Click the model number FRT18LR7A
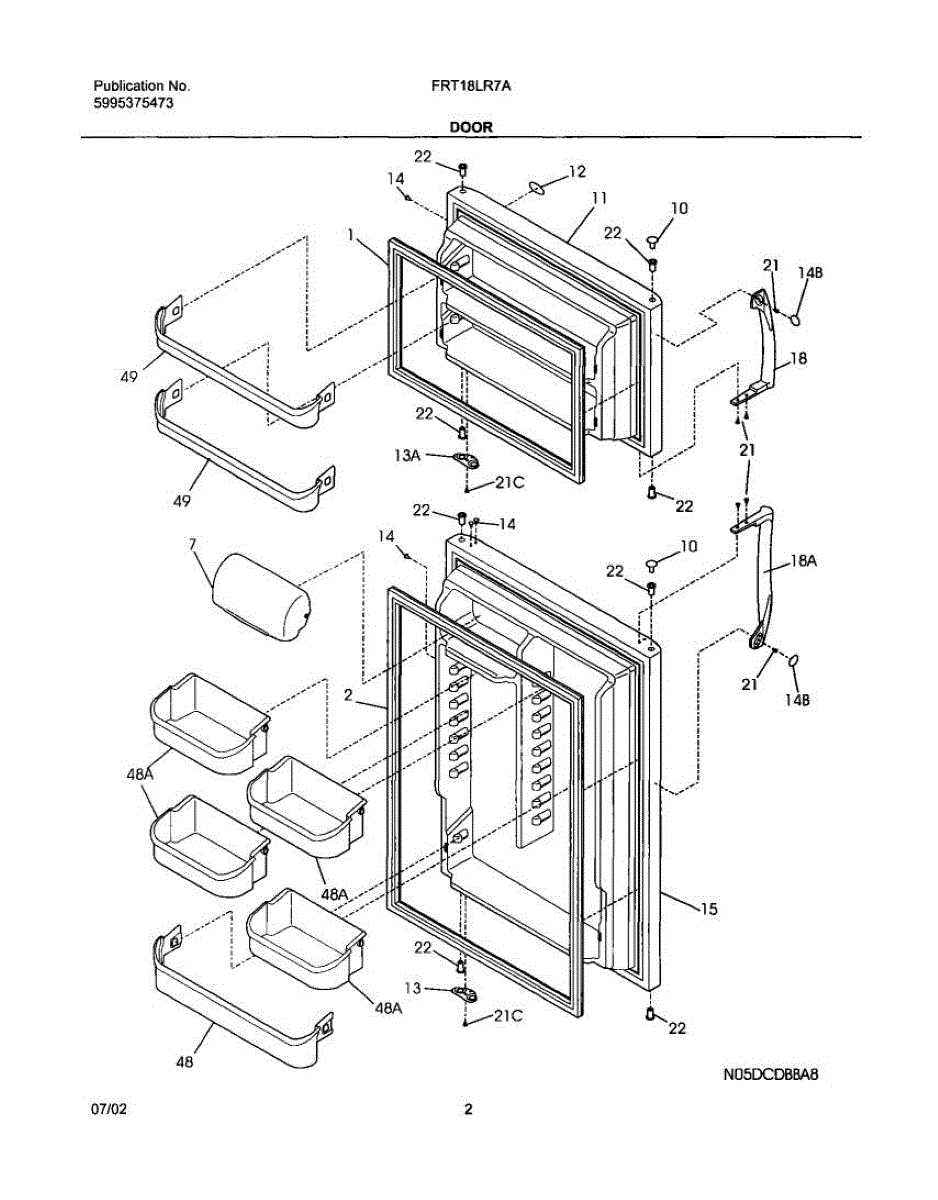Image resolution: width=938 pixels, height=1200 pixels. point(471,86)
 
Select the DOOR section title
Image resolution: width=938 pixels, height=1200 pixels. point(471,127)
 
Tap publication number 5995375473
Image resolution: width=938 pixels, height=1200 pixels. point(133,103)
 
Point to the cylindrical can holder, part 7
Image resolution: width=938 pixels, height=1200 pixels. point(262,597)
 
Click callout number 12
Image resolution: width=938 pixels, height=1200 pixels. point(577,171)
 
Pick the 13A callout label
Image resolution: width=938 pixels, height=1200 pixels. point(407,456)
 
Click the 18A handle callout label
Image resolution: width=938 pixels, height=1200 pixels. point(804,562)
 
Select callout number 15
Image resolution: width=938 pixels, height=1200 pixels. point(709,908)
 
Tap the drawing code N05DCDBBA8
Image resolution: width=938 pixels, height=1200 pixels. point(770,1075)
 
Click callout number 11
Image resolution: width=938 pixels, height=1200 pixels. point(600,198)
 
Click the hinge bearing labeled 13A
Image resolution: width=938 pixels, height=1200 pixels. point(466,458)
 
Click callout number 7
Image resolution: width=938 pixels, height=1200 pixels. point(192,545)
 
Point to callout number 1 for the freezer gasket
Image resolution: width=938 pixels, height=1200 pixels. point(350,235)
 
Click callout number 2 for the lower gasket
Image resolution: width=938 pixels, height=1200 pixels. point(348,695)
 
